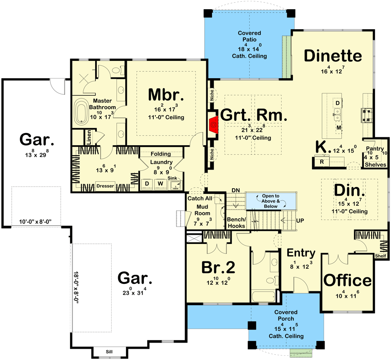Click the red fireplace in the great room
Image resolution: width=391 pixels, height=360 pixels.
click(x=214, y=124)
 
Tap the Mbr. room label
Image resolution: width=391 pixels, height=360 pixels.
click(x=166, y=95)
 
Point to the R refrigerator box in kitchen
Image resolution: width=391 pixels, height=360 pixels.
click(x=322, y=162)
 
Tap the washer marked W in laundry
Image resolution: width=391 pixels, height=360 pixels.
click(x=160, y=184)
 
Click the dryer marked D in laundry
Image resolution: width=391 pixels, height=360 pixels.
click(x=147, y=184)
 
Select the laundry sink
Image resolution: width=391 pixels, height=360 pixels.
click(x=176, y=185)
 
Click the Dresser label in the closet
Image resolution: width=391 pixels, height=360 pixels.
click(x=105, y=186)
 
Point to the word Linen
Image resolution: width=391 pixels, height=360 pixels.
click(x=89, y=137)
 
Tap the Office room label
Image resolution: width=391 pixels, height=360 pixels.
click(x=348, y=280)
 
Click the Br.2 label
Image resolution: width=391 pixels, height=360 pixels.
click(x=218, y=267)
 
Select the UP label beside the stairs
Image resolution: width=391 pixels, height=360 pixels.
click(x=300, y=221)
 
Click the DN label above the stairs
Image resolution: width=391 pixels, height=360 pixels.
click(x=235, y=190)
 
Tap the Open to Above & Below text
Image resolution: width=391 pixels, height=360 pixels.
click(x=271, y=201)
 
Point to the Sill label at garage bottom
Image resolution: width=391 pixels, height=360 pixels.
click(x=109, y=352)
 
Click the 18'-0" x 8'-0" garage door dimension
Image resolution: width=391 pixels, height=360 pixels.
click(x=76, y=287)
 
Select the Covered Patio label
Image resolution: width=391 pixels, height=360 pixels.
click(x=249, y=36)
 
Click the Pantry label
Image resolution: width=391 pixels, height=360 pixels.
click(x=375, y=149)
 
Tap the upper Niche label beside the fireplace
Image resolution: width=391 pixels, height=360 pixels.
click(x=212, y=95)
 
